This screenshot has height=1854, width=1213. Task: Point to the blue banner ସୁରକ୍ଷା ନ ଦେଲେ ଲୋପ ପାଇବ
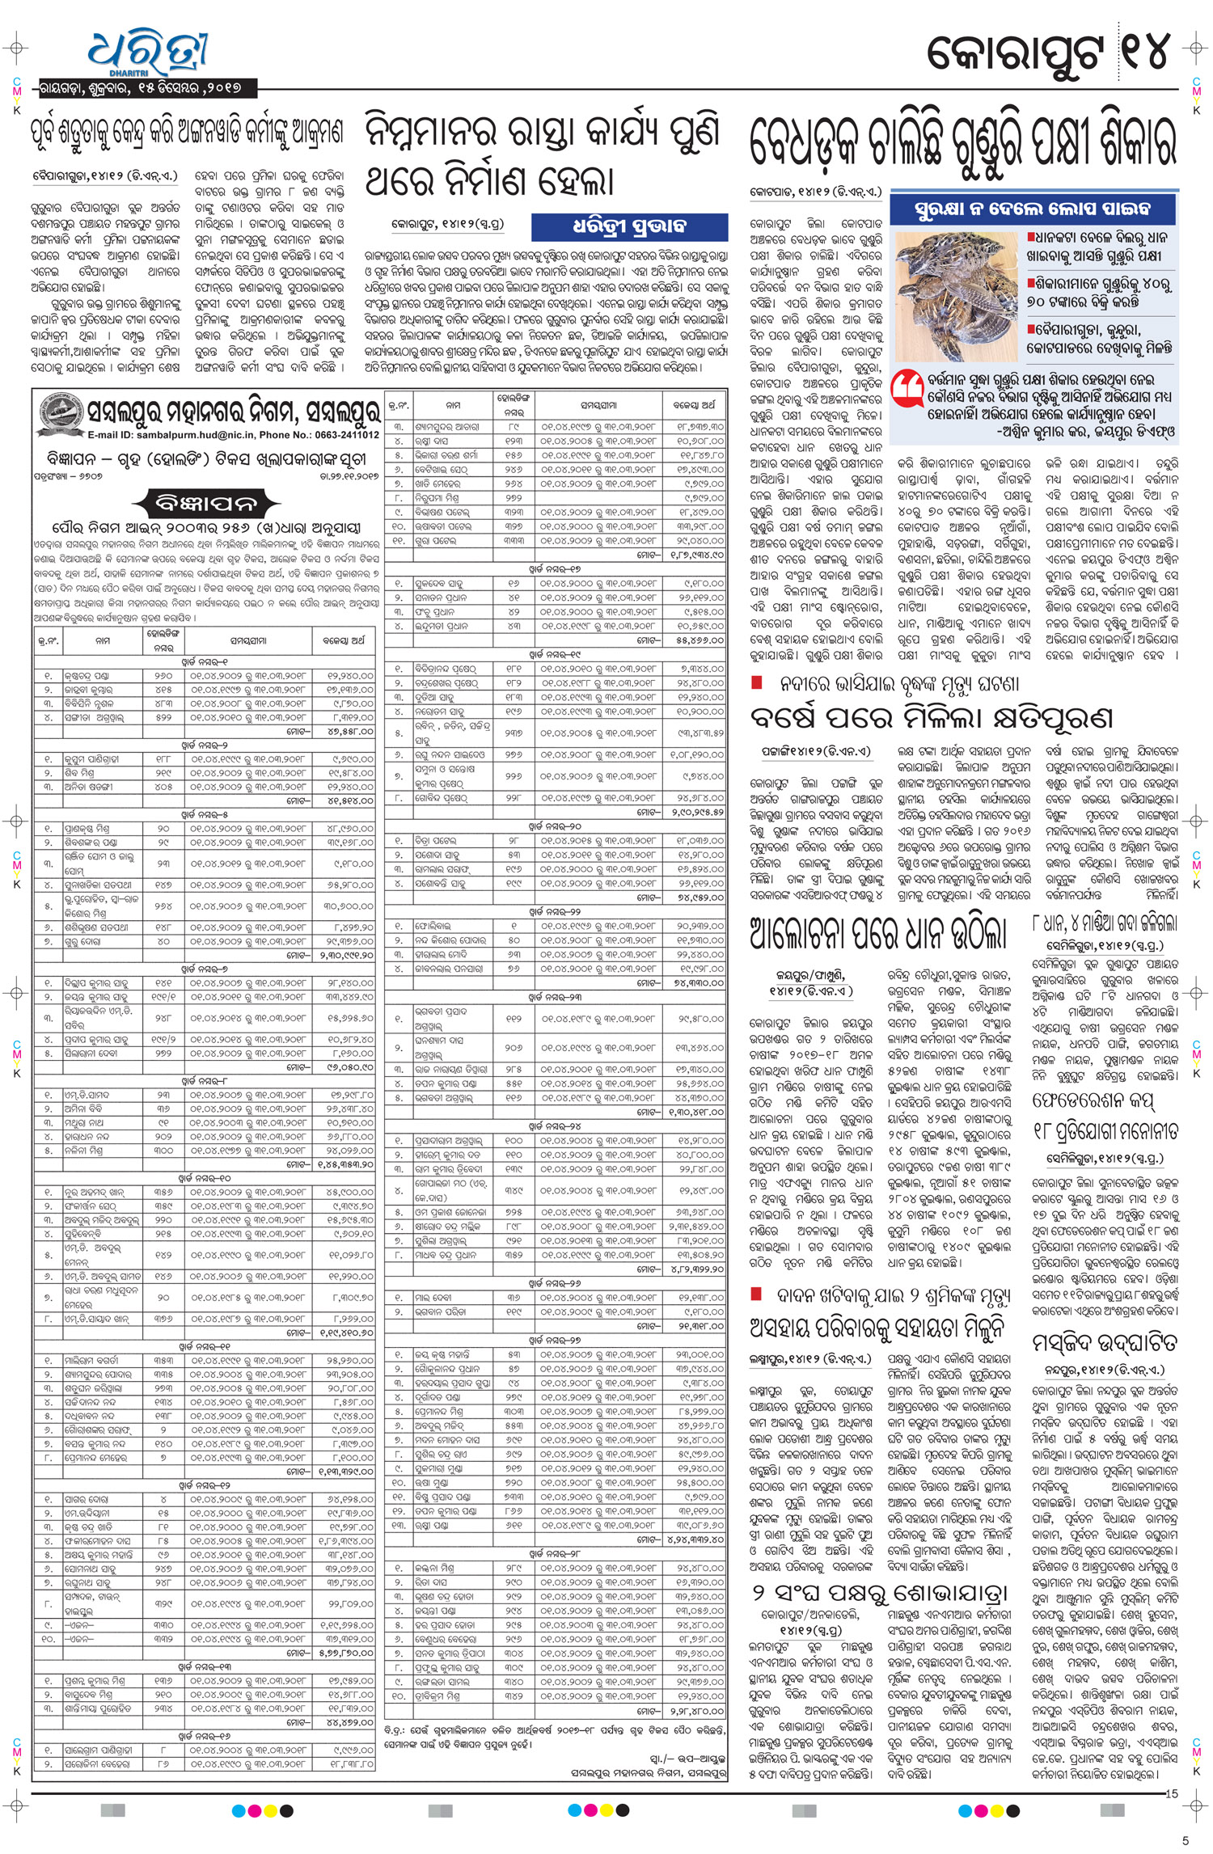pos(1033,209)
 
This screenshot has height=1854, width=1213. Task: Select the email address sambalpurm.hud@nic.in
pos(179,435)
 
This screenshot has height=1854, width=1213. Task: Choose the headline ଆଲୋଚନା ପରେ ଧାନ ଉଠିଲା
pos(878,933)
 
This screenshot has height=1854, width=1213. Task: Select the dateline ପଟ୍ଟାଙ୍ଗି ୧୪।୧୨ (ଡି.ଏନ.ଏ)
pos(816,751)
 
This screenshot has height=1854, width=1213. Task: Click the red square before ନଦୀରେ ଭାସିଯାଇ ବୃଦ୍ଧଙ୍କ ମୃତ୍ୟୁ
pos(757,682)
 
